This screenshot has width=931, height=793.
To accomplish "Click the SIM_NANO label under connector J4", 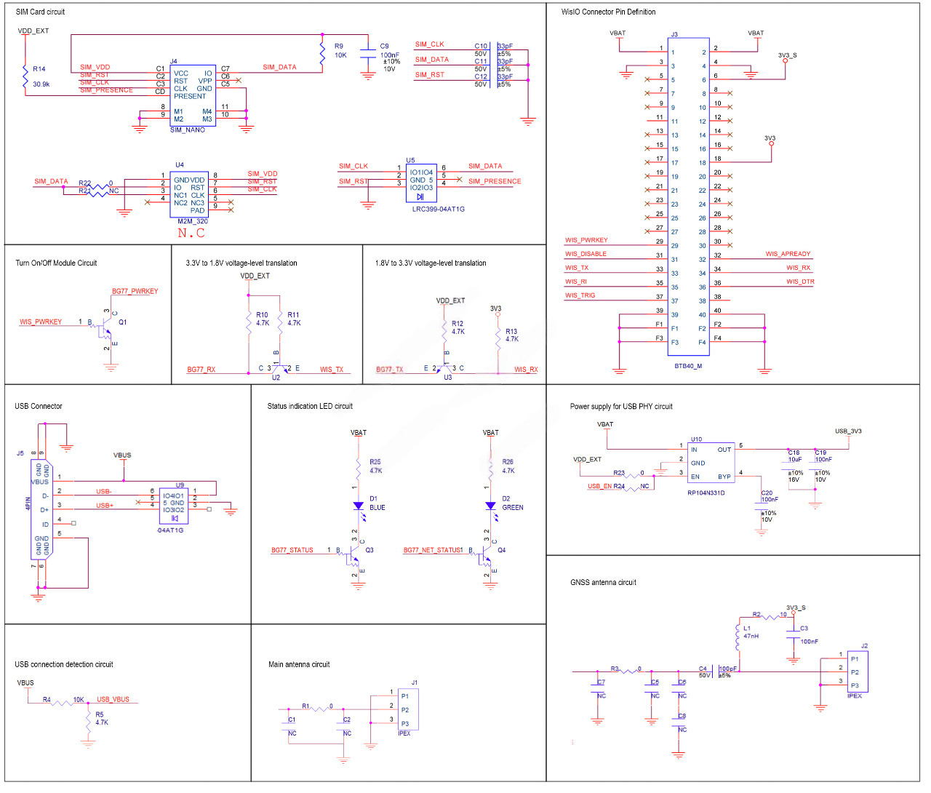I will point(188,129).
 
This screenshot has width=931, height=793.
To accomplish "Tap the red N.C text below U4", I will point(191,233).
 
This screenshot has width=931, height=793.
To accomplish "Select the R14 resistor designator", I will point(39,69).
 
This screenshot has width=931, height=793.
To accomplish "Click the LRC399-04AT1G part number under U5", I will point(438,209).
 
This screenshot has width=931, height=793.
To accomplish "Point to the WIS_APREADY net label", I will point(788,254).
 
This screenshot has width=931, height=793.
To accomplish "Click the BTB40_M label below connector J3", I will point(688,366).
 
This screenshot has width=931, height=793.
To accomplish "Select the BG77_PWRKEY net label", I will point(135,291).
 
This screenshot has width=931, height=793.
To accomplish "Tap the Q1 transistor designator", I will point(123,322).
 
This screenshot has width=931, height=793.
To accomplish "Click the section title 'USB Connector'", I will point(39,406).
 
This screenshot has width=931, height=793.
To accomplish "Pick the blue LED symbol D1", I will point(358,505).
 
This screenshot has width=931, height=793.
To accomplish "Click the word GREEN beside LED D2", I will point(513,507).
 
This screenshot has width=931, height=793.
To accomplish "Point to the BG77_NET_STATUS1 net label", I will point(433,550).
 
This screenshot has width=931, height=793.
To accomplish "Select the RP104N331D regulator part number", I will point(706,493).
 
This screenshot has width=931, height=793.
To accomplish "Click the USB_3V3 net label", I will point(848,431).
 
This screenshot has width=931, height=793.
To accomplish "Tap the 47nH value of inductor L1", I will point(751,636).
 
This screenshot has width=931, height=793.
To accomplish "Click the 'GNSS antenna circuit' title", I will point(603,582).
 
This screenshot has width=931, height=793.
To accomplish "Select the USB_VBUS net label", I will point(113,699).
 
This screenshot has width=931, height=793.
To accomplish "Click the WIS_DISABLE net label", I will point(586,254).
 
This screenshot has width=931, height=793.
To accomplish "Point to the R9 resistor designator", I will point(339,46).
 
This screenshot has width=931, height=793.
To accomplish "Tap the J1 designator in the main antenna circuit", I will point(415,682).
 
